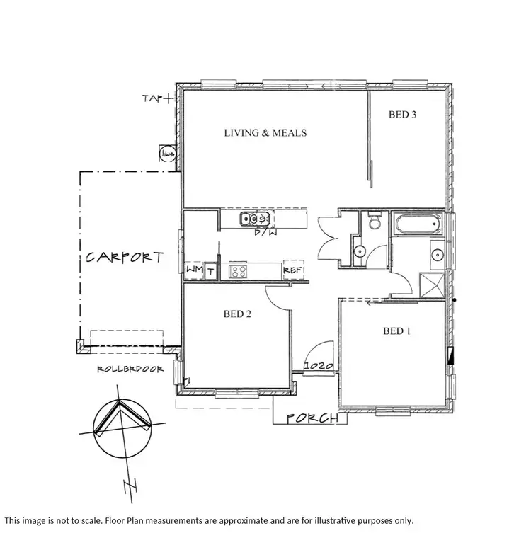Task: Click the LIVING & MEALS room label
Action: point(265,132)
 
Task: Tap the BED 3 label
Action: point(403,114)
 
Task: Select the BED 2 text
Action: point(238,314)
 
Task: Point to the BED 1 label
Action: point(397,331)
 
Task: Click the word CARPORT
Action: point(125,258)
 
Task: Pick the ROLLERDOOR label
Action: point(130,369)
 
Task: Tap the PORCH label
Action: point(311,418)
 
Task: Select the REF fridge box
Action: point(294,270)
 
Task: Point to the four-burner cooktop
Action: point(237,270)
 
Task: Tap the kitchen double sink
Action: point(252,218)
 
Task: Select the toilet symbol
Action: point(373,224)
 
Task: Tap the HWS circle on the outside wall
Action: point(169,154)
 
